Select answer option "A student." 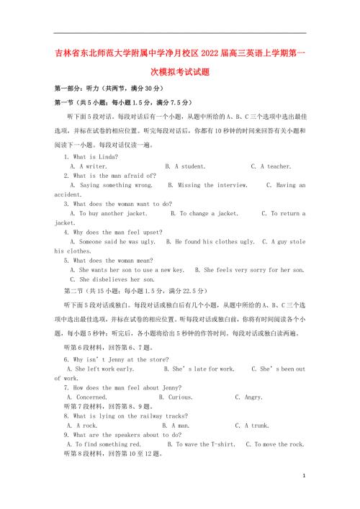click(x=186, y=166)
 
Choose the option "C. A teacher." click(x=271, y=166)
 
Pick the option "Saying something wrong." click(x=112, y=185)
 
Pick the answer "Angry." click(x=249, y=397)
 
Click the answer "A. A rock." click(x=82, y=425)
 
